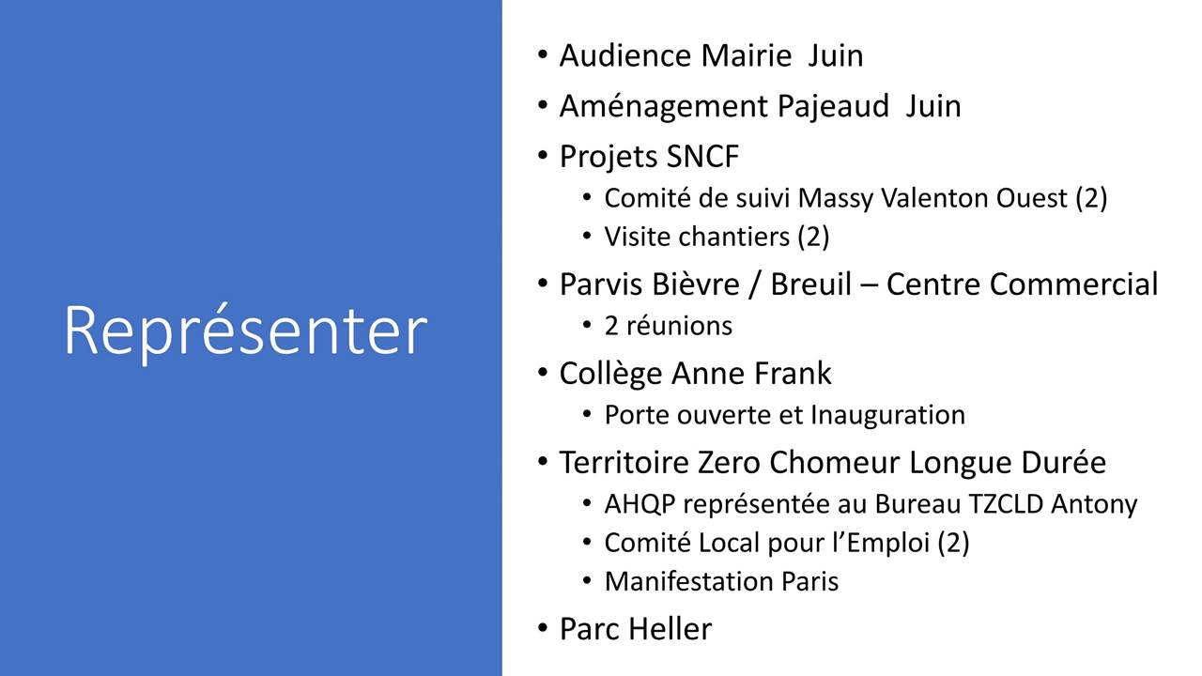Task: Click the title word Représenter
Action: (246, 331)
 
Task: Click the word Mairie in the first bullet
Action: (747, 55)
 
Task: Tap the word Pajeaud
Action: (833, 106)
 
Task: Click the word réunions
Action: (679, 326)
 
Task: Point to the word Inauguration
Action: (887, 415)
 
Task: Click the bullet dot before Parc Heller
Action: (543, 627)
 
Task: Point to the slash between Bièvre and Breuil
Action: (755, 284)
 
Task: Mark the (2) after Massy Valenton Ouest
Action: (1091, 198)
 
